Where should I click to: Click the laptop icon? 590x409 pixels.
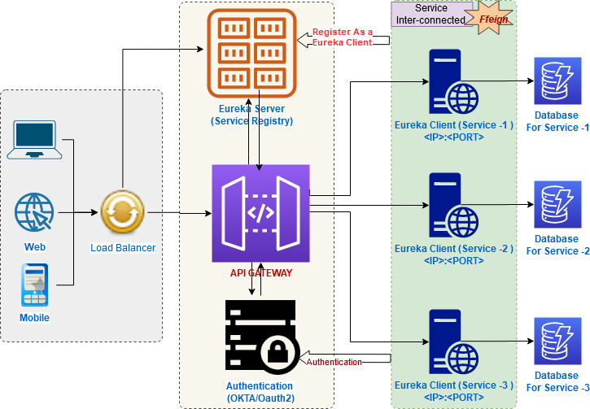click(x=33, y=139)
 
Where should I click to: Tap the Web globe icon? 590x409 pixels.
click(x=35, y=214)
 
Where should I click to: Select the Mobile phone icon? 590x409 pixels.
click(x=34, y=285)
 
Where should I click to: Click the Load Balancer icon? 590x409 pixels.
click(x=122, y=214)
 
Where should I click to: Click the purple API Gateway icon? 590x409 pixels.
click(x=260, y=213)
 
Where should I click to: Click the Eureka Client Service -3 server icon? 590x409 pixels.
click(x=454, y=342)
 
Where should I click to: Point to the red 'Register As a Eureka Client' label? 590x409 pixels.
click(x=342, y=37)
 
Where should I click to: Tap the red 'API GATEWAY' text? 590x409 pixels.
click(x=260, y=273)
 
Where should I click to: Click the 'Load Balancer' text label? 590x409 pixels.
click(x=123, y=247)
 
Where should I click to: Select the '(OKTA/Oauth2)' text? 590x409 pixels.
click(x=260, y=398)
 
